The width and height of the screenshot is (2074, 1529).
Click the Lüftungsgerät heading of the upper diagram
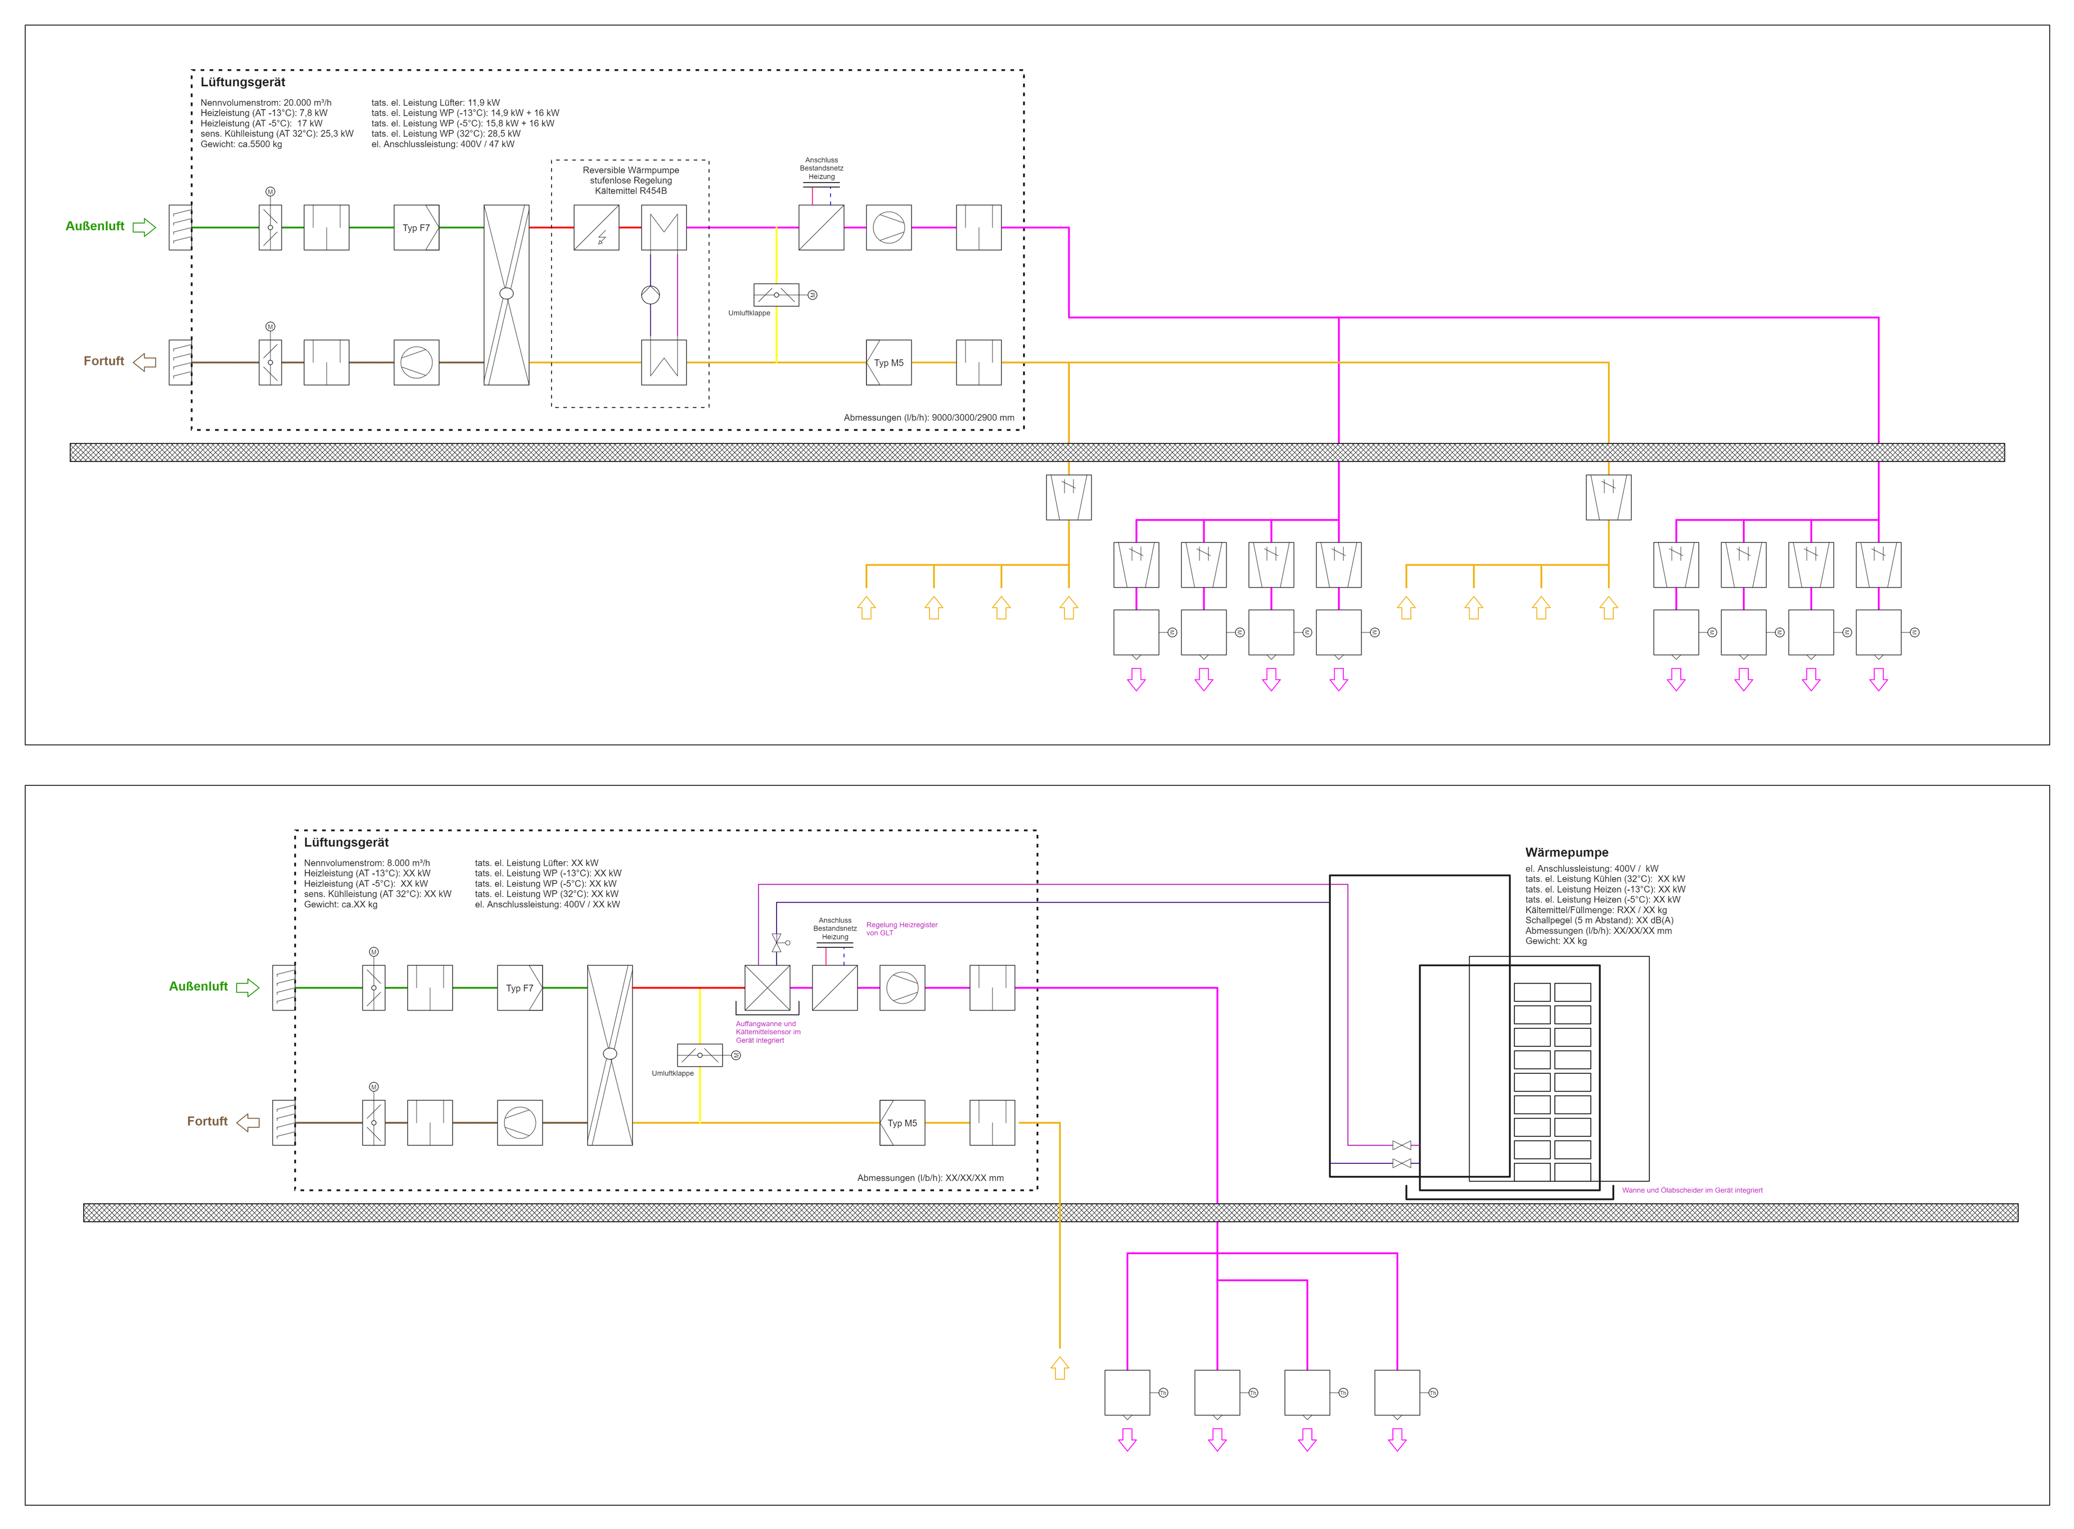[243, 83]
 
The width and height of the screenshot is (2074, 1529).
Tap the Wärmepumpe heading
[1566, 852]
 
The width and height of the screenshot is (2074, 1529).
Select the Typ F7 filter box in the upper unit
[416, 228]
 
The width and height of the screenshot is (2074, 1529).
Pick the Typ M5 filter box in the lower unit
[901, 1123]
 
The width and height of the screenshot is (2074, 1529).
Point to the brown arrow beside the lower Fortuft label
[248, 1123]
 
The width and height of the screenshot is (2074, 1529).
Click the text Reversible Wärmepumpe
[630, 170]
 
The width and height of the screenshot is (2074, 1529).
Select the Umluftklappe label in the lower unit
[672, 1074]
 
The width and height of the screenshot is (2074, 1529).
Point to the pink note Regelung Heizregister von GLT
[900, 928]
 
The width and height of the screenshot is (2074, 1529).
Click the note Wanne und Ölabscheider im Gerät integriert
[1692, 1190]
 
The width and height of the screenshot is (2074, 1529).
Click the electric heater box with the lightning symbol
[596, 228]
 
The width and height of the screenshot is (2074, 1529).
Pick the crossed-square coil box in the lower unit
[767, 987]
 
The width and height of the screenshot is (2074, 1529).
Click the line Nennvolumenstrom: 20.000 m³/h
[266, 103]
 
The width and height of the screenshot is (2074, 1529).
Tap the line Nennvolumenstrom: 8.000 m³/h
[367, 863]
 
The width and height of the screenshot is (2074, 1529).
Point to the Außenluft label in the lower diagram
[198, 987]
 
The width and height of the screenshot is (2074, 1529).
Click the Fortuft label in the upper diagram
[104, 361]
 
